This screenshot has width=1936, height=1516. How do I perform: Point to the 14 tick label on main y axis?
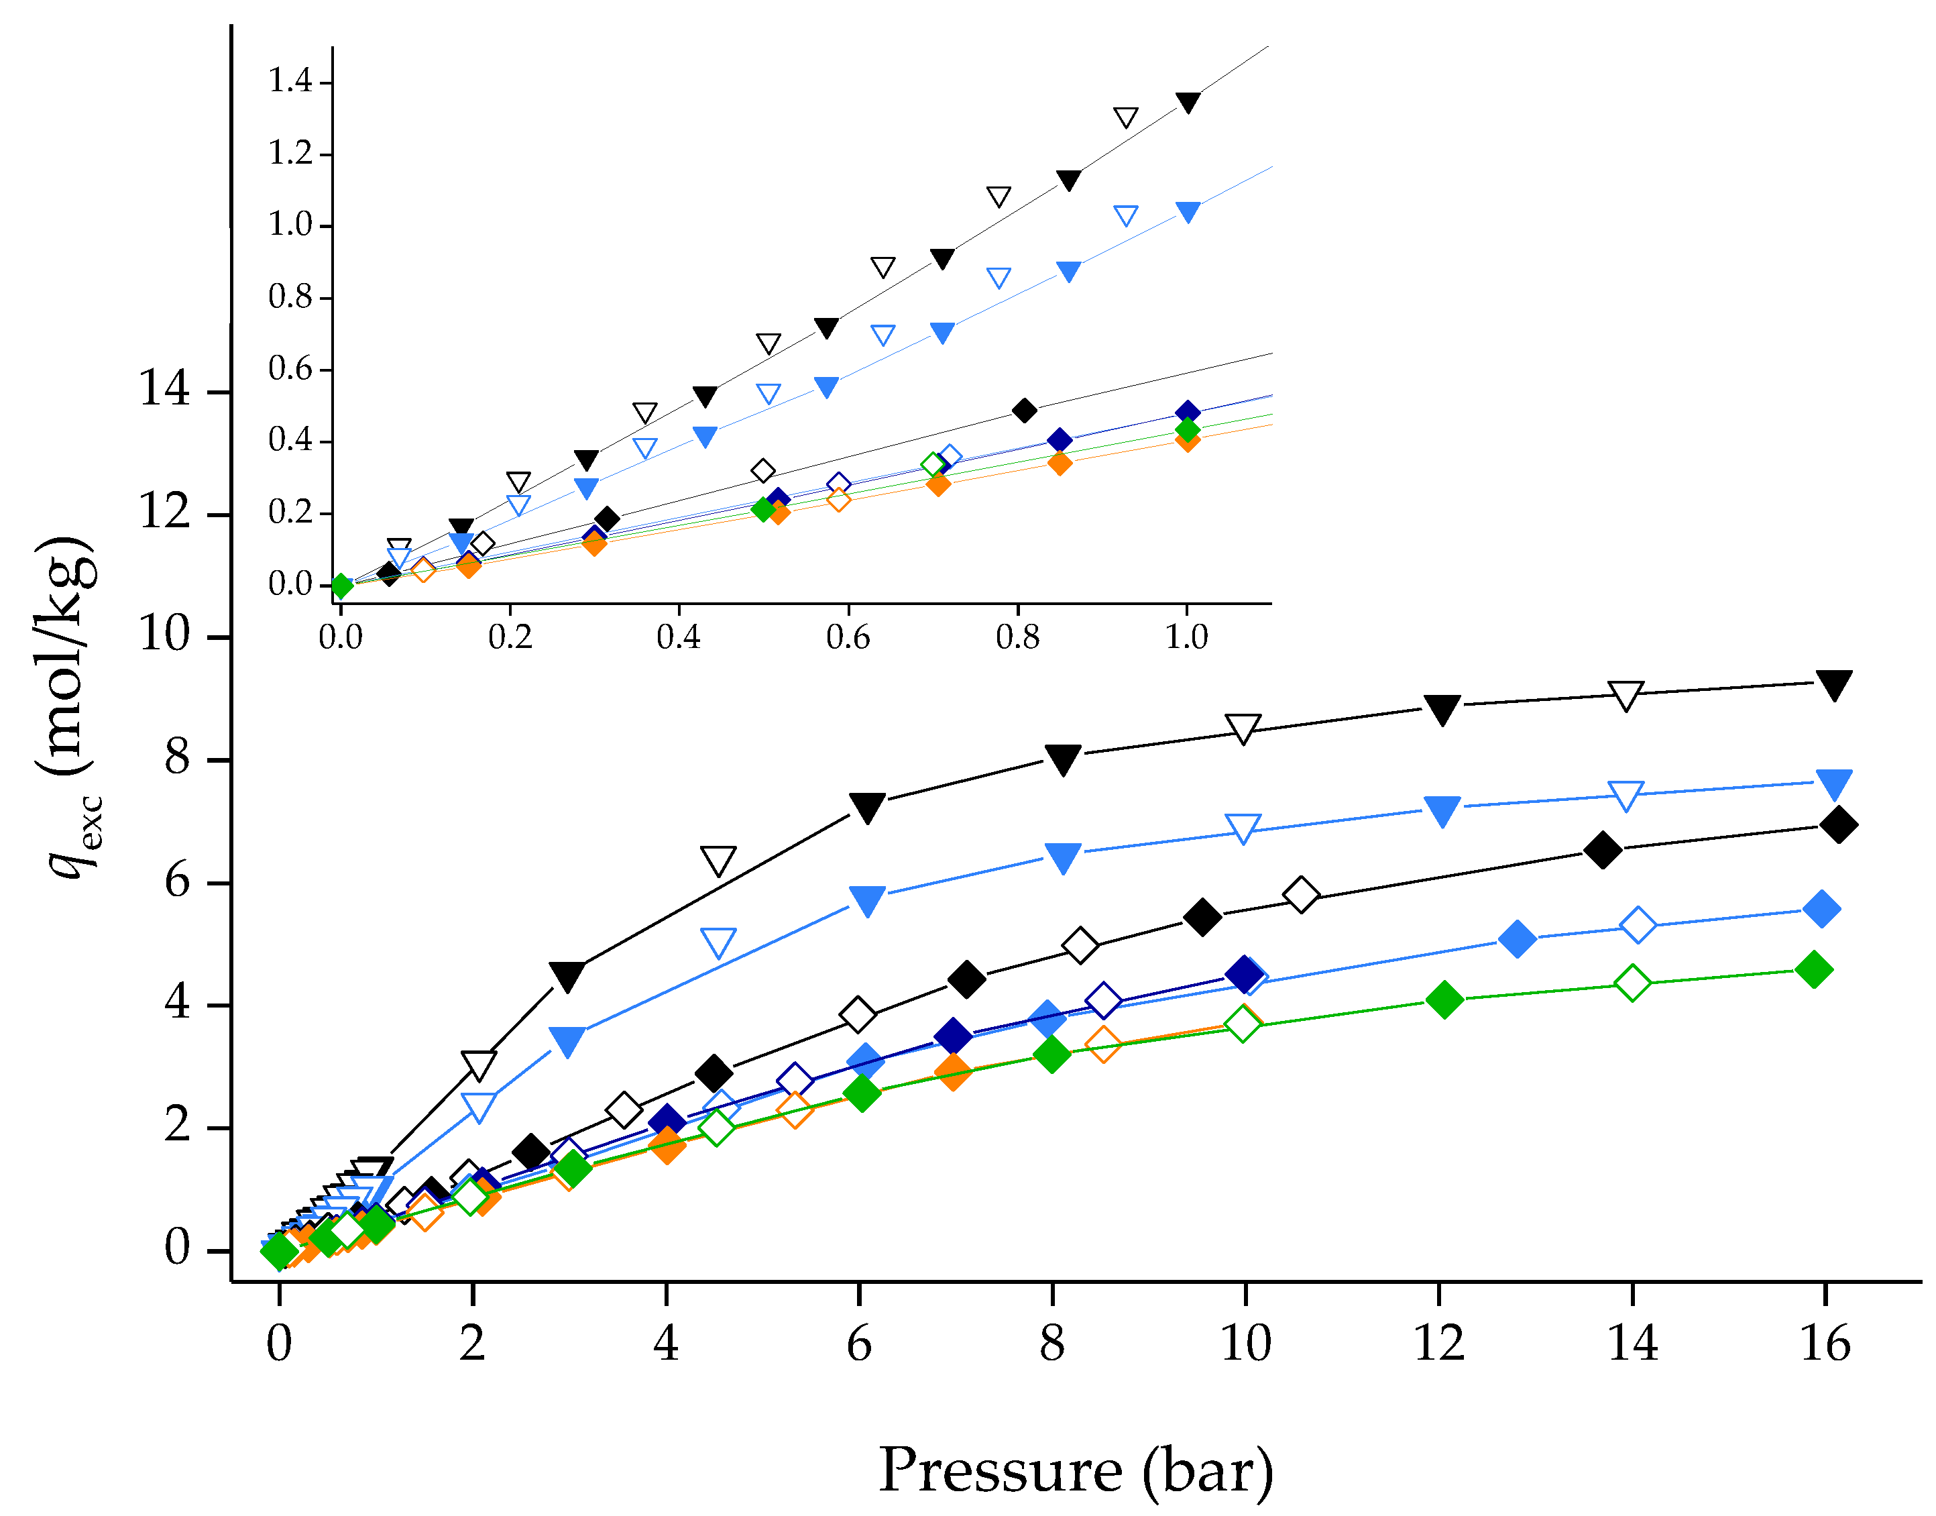coord(164,389)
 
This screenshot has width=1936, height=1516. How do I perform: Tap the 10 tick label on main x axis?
coord(1245,1343)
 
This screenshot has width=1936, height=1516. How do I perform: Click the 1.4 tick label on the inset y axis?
coord(290,82)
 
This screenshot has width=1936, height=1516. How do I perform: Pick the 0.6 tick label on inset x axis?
coord(848,637)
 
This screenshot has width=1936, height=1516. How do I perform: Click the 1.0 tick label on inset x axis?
coord(1186,637)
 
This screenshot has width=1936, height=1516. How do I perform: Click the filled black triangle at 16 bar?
coord(1834,684)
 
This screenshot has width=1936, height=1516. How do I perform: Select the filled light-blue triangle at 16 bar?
coord(1834,783)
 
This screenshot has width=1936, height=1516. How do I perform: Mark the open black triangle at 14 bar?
coord(1626,695)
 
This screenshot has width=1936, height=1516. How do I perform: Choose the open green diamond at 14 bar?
coord(1633,983)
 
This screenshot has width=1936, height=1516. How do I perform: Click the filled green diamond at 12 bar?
coord(1444,999)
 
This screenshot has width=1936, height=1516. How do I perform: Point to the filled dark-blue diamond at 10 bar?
coord(1244,974)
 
